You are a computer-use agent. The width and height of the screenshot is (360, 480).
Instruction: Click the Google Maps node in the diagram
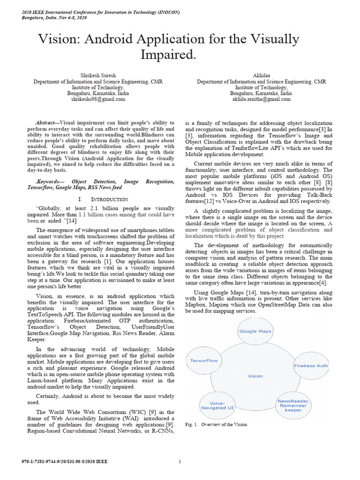coord(255,331)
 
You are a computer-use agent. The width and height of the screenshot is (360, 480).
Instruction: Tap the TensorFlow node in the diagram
coord(203,361)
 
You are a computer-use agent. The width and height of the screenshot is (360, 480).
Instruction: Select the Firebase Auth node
coord(311,365)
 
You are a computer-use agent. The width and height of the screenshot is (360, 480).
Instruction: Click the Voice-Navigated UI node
coord(217,405)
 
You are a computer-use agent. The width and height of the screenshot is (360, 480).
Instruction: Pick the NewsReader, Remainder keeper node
coord(293,405)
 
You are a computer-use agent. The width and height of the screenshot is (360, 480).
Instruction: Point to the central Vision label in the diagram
coord(255,376)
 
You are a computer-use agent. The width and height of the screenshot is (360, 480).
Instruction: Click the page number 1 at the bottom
coord(180,462)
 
